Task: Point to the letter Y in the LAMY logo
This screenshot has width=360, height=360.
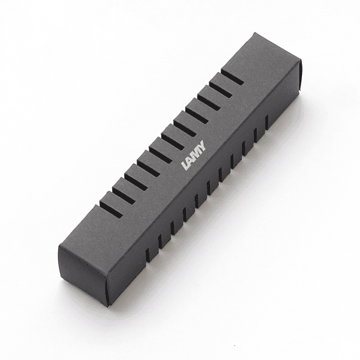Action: pyautogui.click(x=203, y=145)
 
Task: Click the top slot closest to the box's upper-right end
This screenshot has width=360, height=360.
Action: pyautogui.click(x=233, y=76)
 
